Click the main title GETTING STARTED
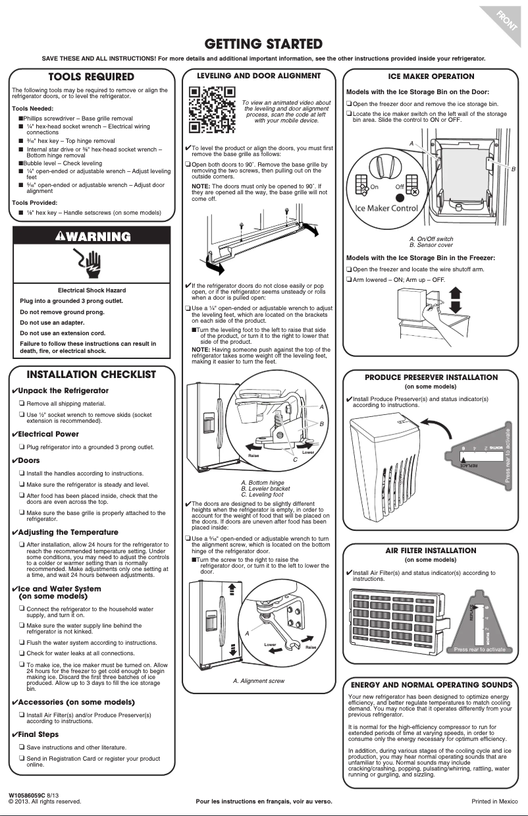tap(263, 44)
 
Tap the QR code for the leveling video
tap(212, 109)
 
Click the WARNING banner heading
tap(92, 236)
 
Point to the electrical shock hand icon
tap(92, 263)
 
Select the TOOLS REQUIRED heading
tap(92, 78)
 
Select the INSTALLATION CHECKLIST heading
tap(92, 375)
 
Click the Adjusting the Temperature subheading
tap(68, 532)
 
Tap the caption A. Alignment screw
tap(259, 681)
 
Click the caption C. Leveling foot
tap(262, 495)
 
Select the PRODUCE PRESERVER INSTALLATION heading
tap(431, 377)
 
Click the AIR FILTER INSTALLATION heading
tap(431, 551)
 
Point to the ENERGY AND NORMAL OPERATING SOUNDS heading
tap(431, 684)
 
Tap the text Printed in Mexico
tap(491, 802)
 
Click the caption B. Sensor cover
tap(431, 245)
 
